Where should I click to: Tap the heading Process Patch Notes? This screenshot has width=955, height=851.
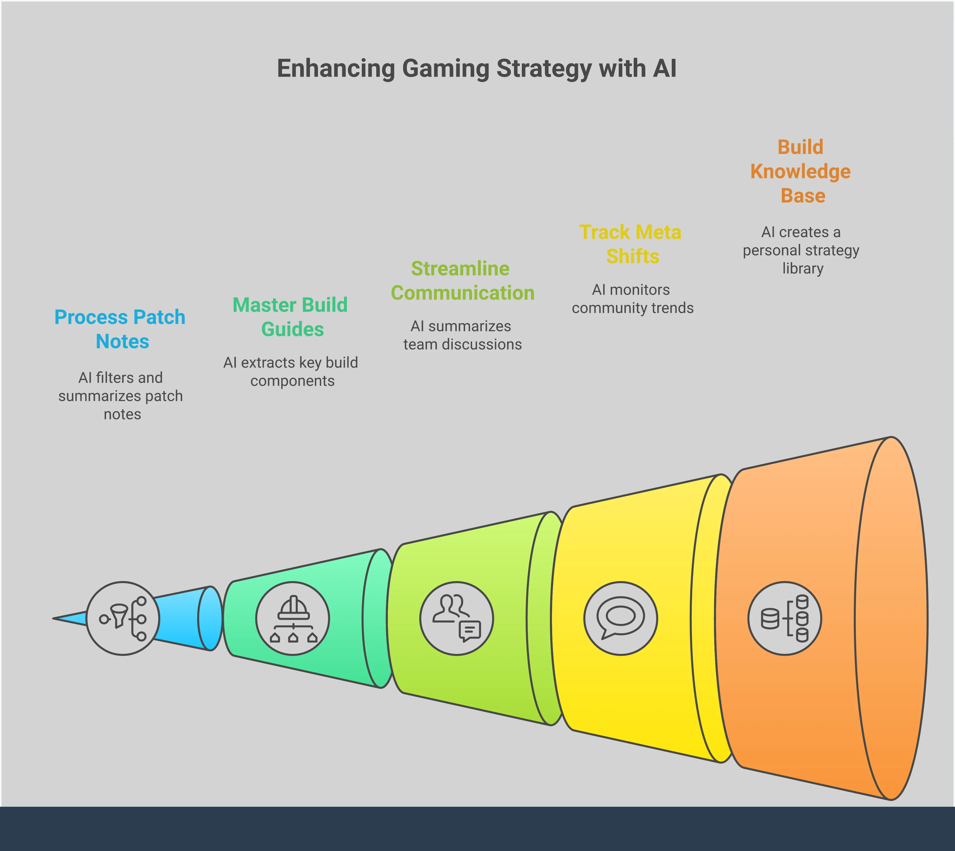point(120,329)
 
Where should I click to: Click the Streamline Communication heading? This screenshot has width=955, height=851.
point(462,281)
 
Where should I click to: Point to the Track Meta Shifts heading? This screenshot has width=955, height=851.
point(631,244)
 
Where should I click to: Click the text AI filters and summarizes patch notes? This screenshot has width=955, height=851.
point(121,396)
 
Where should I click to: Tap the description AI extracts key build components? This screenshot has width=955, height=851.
point(291,371)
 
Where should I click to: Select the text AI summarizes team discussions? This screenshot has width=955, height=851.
point(462,335)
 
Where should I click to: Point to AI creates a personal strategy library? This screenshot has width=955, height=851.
point(801,250)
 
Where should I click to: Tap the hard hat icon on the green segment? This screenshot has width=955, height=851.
point(293,618)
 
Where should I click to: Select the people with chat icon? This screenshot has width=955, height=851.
point(457,618)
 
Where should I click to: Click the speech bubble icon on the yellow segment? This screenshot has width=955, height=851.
point(621,618)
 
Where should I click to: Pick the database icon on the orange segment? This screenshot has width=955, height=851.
point(785,618)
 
